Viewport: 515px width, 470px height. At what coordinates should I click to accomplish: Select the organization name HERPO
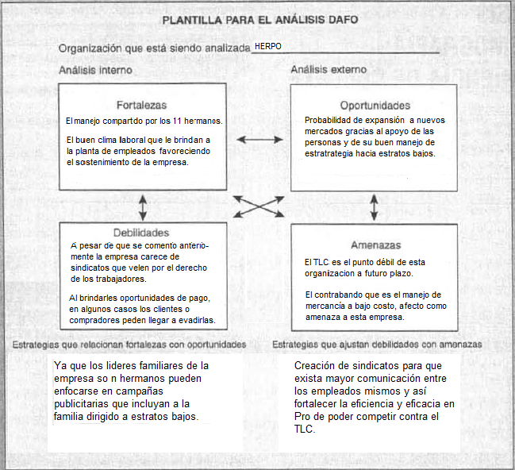pos(268,47)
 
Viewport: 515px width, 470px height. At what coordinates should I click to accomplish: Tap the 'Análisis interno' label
pos(95,70)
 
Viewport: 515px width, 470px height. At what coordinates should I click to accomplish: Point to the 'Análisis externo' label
pos(329,70)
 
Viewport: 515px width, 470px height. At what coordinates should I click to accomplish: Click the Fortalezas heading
pos(141,105)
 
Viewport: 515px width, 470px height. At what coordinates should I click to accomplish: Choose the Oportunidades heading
pos(375,105)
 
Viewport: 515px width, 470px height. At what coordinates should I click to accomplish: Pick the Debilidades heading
pos(141,233)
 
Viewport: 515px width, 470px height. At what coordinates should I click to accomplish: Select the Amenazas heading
pos(375,245)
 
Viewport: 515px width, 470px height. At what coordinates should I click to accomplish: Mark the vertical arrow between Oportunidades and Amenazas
pos(374,207)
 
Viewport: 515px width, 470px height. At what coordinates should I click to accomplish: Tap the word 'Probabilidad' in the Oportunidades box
pos(330,120)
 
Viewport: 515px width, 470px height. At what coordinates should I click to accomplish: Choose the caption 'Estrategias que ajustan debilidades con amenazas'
pos(377,345)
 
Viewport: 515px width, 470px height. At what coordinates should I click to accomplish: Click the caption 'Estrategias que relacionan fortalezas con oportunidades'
pos(129,345)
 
